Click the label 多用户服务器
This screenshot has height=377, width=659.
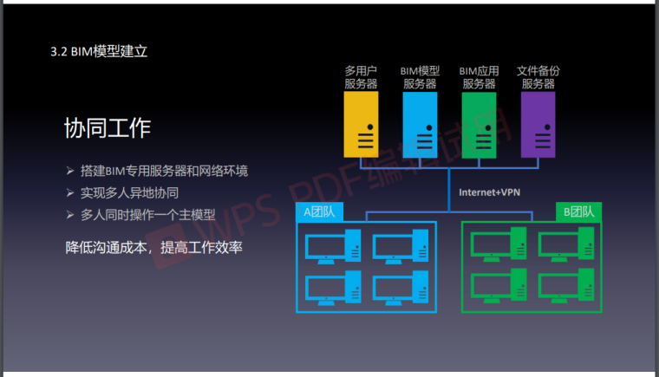[361, 77]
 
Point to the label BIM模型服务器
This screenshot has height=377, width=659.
[420, 77]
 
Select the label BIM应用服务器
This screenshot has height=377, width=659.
[479, 77]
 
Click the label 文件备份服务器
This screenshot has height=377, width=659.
[538, 77]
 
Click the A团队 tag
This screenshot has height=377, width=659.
[319, 211]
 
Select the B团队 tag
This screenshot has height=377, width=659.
[578, 211]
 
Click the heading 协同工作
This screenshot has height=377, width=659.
[108, 128]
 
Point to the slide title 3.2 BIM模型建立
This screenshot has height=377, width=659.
[99, 51]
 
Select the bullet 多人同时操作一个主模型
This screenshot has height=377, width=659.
[147, 214]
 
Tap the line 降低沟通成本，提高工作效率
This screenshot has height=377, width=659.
[153, 247]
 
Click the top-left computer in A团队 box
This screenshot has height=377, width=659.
[334, 245]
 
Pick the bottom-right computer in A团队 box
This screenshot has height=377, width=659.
[401, 287]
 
